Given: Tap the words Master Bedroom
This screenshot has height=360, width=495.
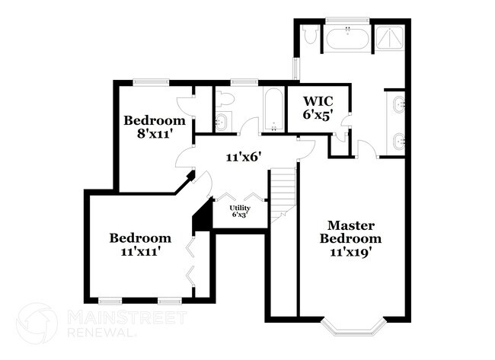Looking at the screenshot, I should pos(350,231).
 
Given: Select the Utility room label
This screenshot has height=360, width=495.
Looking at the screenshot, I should pos(241,207).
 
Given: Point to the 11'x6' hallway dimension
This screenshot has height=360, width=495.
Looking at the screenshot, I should pos(244,158).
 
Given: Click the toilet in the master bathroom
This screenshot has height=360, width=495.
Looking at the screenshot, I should pos(310,35).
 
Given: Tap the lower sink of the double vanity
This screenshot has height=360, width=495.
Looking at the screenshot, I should pos(399,140).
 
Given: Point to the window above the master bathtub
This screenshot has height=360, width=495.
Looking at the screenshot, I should pos(347,20).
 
